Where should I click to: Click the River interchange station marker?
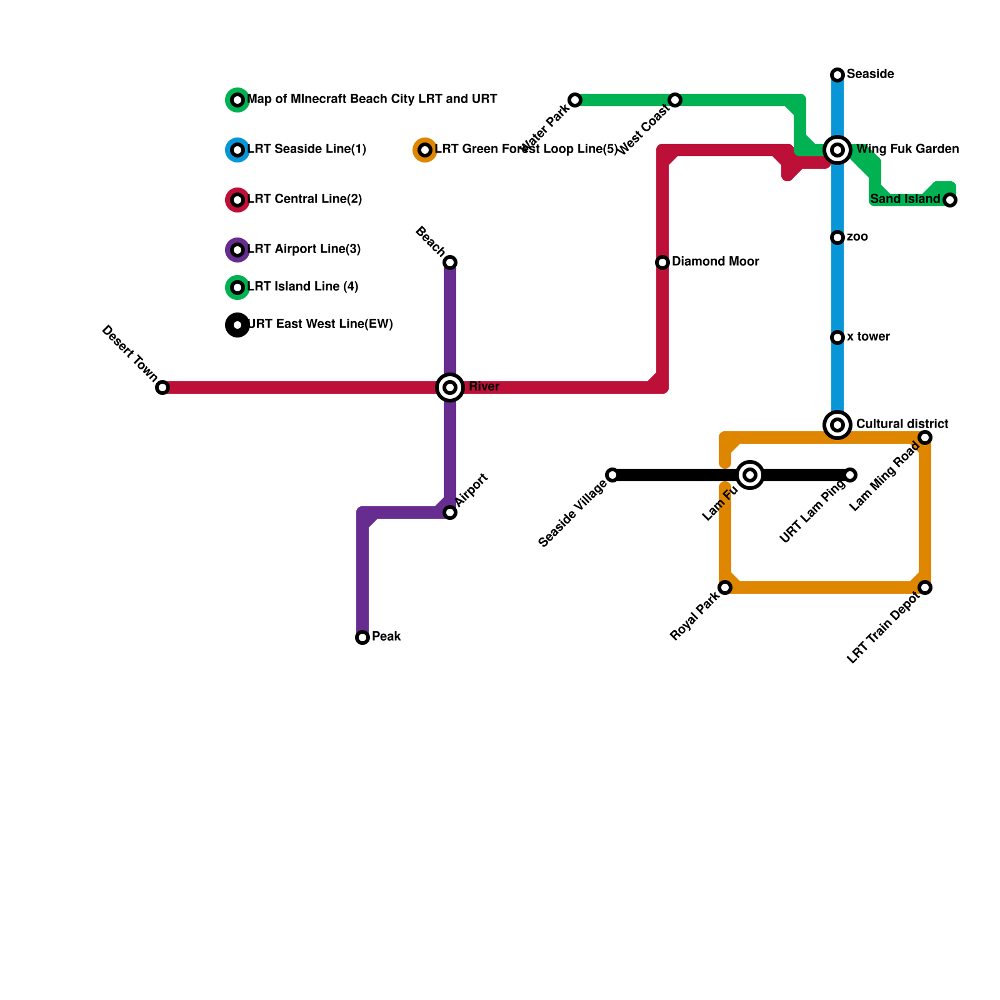pyautogui.click(x=450, y=387)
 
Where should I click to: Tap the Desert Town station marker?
pyautogui.click(x=162, y=387)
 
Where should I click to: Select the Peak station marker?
pyautogui.click(x=362, y=637)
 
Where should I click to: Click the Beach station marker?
pyautogui.click(x=450, y=262)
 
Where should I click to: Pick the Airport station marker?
pyautogui.click(x=450, y=512)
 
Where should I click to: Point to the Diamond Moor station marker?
pyautogui.click(x=662, y=262)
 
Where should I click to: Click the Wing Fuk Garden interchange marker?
pyautogui.click(x=837, y=150)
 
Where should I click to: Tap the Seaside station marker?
pyautogui.click(x=837, y=75)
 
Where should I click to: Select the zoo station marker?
pyautogui.click(x=837, y=237)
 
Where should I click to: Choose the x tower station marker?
pyautogui.click(x=837, y=337)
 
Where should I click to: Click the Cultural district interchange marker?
pyautogui.click(x=837, y=425)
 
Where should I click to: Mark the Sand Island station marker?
pyautogui.click(x=950, y=200)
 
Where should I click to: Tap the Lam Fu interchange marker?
pyautogui.click(x=750, y=475)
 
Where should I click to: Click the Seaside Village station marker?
pyautogui.click(x=612, y=475)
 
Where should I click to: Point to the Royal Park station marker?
pyautogui.click(x=725, y=587)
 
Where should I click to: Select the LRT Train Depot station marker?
pyautogui.click(x=925, y=587)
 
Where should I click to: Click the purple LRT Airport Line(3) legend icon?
pyautogui.click(x=237, y=250)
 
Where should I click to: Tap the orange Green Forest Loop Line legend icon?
pyautogui.click(x=425, y=150)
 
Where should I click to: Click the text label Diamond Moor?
pyautogui.click(x=715, y=262)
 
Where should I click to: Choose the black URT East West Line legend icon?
pyautogui.click(x=237, y=325)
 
